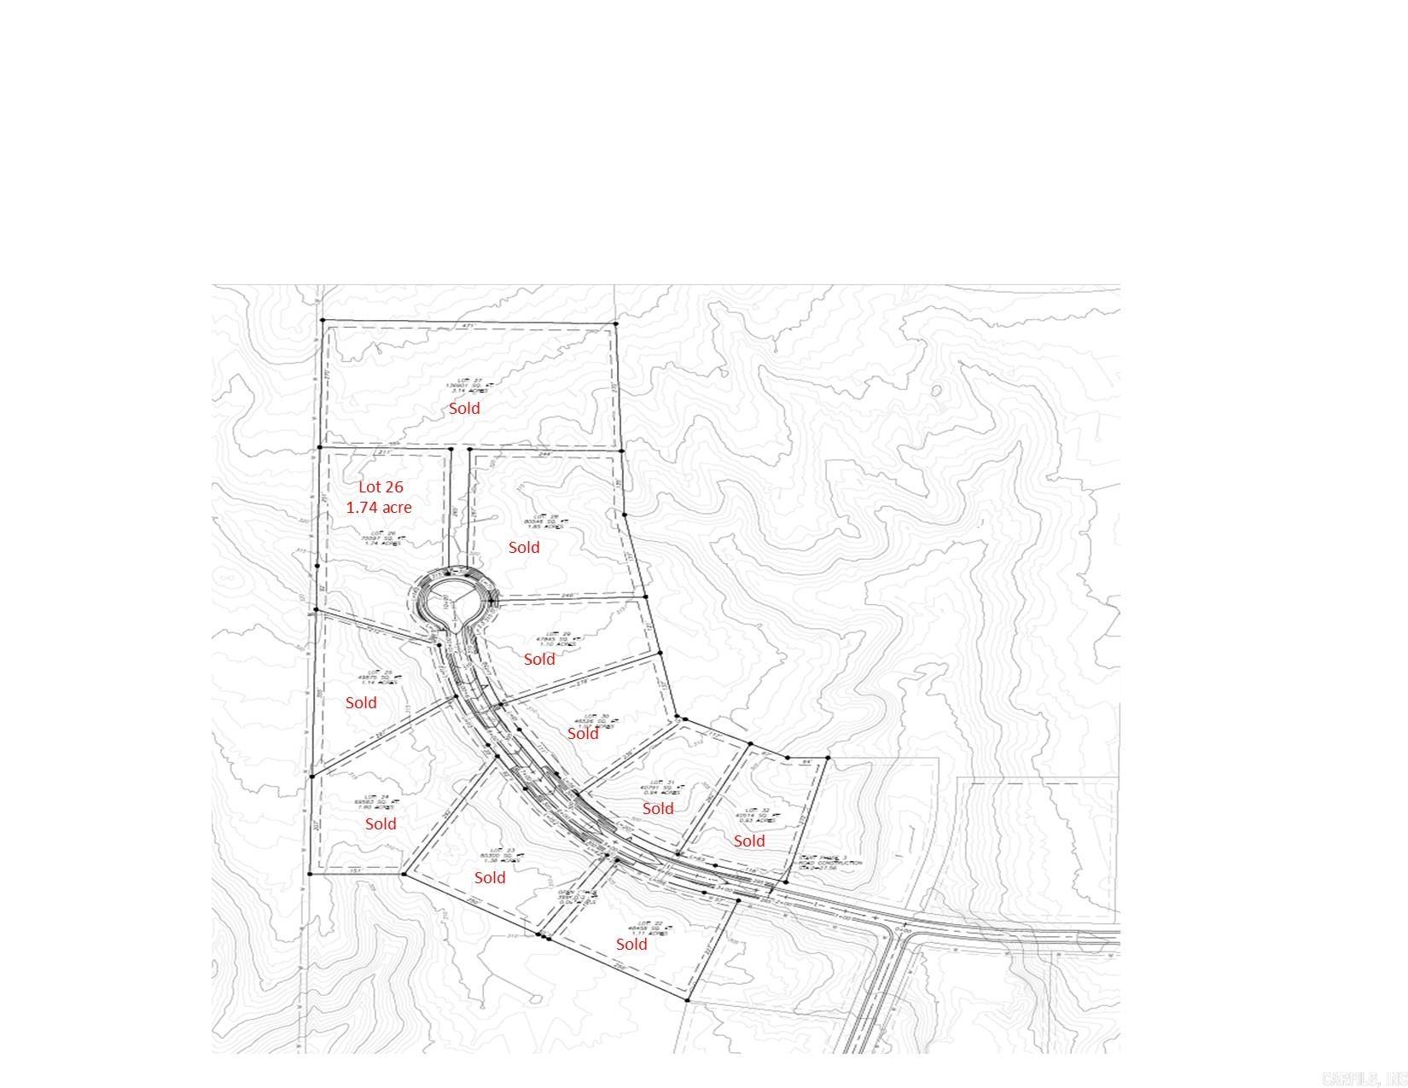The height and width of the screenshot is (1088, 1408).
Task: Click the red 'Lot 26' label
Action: [381, 486]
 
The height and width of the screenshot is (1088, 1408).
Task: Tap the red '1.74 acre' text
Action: [379, 507]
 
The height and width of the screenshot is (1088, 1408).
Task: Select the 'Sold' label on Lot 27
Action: [464, 408]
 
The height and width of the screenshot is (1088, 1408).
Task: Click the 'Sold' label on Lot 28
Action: [524, 547]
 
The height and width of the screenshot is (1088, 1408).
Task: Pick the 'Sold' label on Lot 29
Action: [539, 659]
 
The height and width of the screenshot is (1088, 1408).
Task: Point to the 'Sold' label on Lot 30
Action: [583, 733]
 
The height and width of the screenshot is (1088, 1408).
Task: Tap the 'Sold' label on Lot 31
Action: [658, 808]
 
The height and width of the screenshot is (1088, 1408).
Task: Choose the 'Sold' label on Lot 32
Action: [749, 841]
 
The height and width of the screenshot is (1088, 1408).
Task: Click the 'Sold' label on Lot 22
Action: [631, 944]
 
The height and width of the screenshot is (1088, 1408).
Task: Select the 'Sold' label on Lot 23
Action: [490, 877]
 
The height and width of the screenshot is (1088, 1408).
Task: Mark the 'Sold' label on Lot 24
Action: [381, 823]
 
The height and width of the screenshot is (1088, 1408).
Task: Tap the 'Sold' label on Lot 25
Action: [361, 702]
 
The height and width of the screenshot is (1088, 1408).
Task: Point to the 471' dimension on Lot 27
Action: [468, 326]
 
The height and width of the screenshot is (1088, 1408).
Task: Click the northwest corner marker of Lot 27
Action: [323, 321]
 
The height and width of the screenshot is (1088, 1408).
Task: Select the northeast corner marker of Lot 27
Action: [616, 323]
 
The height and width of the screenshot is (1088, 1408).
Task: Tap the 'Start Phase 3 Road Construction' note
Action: [831, 863]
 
